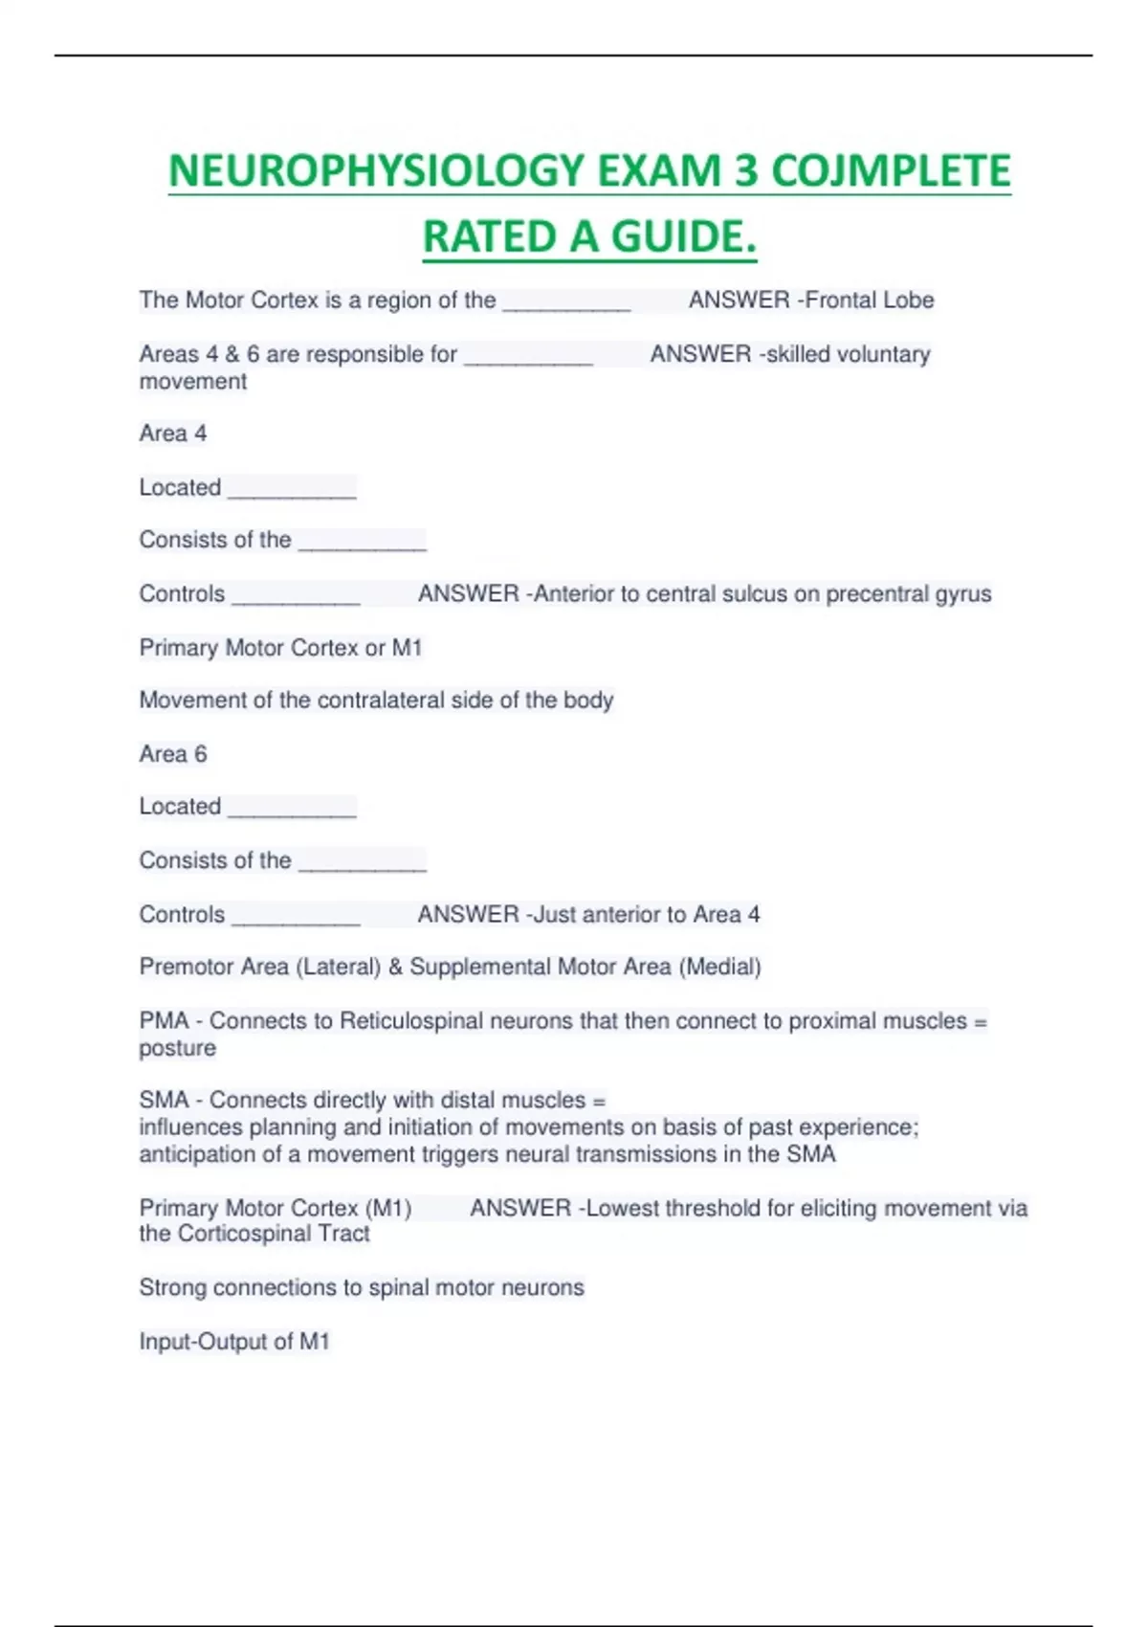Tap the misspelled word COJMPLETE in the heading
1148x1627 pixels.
[891, 172]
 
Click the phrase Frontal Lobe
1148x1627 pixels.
[870, 301]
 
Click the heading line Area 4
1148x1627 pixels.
[173, 434]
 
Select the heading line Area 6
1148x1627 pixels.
[173, 754]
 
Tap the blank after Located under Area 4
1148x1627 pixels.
[292, 490]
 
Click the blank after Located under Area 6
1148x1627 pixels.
[292, 810]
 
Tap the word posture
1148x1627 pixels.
[178, 1048]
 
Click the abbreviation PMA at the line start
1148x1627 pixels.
[164, 1021]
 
